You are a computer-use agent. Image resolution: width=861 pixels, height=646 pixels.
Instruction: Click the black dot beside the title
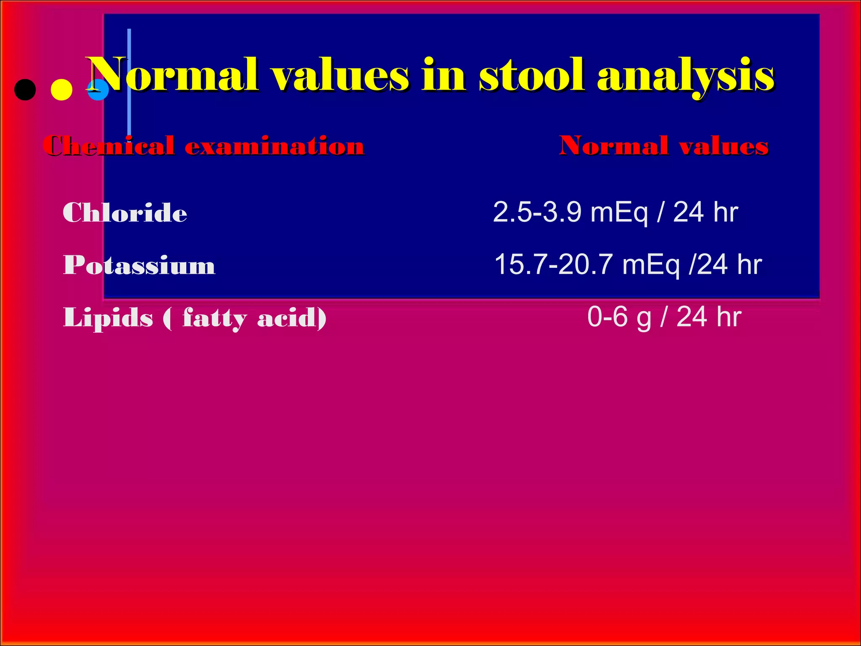tap(25, 90)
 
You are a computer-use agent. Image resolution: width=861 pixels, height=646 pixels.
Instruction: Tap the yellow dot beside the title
tap(61, 90)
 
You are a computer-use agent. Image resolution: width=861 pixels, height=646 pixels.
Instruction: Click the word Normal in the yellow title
tap(172, 75)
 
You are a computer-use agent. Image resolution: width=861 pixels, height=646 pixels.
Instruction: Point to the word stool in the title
tap(531, 75)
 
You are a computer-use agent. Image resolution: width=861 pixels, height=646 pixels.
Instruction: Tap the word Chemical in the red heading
tap(109, 146)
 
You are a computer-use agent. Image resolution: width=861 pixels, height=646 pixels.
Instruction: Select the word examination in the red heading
tap(275, 146)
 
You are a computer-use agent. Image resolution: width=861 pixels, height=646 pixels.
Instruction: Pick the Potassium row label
tap(139, 265)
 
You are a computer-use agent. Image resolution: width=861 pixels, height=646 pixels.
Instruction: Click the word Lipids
tap(108, 318)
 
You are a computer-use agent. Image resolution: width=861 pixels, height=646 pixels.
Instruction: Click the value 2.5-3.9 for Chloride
tap(537, 212)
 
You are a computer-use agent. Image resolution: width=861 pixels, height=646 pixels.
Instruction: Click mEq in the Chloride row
tap(619, 213)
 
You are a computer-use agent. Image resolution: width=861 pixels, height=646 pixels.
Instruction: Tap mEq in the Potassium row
tap(651, 265)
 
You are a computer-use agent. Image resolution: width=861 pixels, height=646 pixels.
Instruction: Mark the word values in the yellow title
tap(341, 75)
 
